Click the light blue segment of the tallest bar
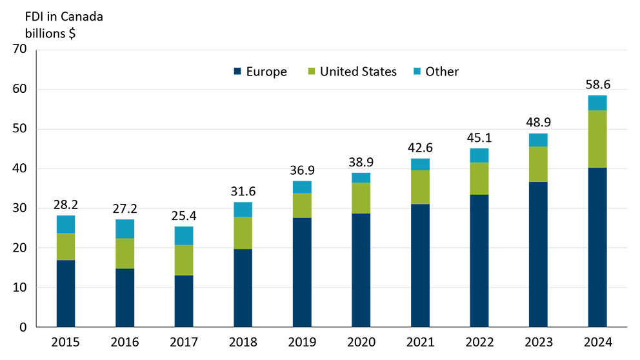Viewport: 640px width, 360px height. [597, 101]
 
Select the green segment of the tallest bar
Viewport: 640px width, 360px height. [597, 139]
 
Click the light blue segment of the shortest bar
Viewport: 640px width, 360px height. [183, 234]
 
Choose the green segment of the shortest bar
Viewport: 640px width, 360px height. [183, 260]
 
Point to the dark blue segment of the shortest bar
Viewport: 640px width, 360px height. [183, 300]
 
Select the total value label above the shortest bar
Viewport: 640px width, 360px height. [183, 217]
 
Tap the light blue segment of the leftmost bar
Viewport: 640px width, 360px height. [70, 223]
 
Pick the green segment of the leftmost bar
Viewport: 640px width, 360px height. [70, 246]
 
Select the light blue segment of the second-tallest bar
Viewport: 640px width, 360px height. [538, 139]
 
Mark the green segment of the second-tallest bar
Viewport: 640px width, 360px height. [538, 165]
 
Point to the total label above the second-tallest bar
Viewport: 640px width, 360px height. [538, 116]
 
